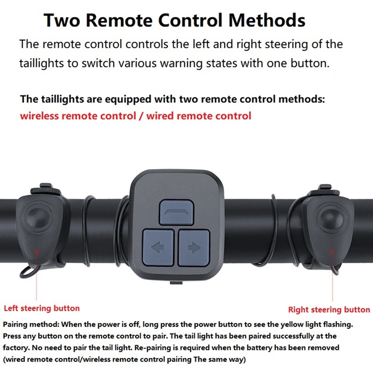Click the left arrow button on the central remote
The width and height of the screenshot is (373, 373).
coord(158,248)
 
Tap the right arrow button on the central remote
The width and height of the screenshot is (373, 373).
coord(194,248)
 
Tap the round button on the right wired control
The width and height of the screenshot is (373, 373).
coord(331,218)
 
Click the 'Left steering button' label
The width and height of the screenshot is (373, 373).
coord(41,308)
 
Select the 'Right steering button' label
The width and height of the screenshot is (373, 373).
coord(329,310)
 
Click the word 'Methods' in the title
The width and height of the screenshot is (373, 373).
coord(267,20)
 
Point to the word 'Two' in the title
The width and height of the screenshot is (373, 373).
coord(62,20)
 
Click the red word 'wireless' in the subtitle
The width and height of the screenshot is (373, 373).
coord(39,116)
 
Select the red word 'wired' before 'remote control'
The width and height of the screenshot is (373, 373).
coord(160,116)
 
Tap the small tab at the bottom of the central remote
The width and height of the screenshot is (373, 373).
coord(176,283)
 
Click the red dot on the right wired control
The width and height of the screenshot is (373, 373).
coord(332,252)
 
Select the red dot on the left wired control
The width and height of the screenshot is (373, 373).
coord(37,251)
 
